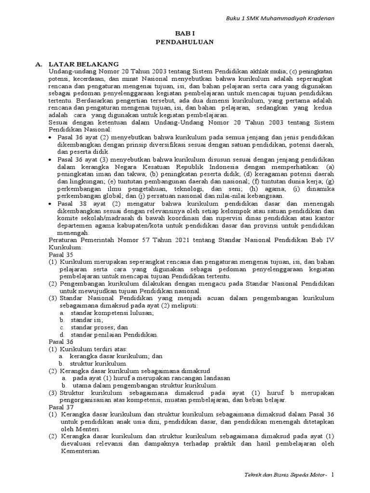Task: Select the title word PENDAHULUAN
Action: click(185, 42)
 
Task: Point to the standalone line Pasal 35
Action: click(62, 254)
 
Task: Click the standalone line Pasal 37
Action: click(62, 407)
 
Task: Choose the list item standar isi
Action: click(87, 320)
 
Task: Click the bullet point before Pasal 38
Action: click(52, 204)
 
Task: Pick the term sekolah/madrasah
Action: click(101, 218)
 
